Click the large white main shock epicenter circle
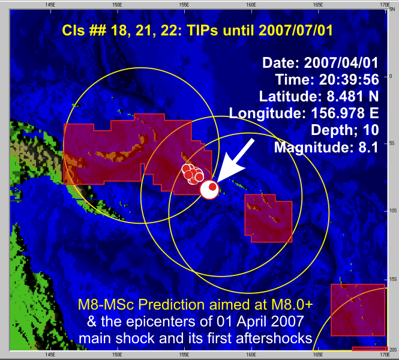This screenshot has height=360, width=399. click(x=209, y=190)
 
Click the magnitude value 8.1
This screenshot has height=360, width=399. click(x=368, y=148)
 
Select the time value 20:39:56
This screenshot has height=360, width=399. click(x=349, y=79)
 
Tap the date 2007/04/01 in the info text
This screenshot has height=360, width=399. click(x=341, y=62)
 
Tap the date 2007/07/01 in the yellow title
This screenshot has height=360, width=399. click(x=296, y=30)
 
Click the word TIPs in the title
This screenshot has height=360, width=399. click(x=203, y=30)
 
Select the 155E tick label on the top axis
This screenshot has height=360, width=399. click(x=184, y=5)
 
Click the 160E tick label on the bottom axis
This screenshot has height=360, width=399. click(x=251, y=355)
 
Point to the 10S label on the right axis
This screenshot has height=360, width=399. click(x=393, y=211)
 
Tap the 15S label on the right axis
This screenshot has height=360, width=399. click(x=393, y=280)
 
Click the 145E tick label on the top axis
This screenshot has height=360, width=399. click(x=50, y=5)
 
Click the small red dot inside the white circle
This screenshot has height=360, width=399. click(x=212, y=187)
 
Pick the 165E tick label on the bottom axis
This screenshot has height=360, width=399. click(x=318, y=355)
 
